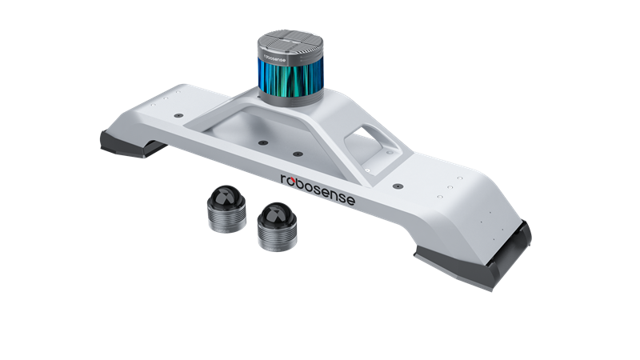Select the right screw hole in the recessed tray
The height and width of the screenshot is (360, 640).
coord(298,152)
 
